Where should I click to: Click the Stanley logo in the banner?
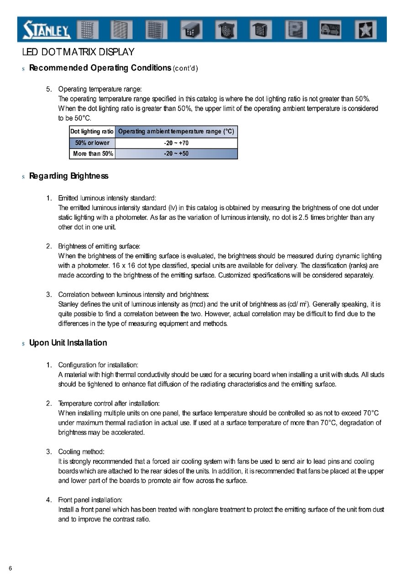(x=47, y=30)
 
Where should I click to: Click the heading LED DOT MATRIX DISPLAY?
(x=78, y=53)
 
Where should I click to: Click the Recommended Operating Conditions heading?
(x=100, y=68)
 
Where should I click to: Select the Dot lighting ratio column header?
(x=92, y=132)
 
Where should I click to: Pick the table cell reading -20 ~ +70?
(x=176, y=143)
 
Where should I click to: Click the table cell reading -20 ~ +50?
(x=176, y=154)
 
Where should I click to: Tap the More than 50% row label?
(x=93, y=154)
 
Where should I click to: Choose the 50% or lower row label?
(x=92, y=143)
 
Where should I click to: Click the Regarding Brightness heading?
(x=68, y=176)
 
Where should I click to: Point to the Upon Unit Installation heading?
(x=68, y=343)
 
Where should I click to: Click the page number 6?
(x=10, y=568)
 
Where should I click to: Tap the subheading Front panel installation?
(x=90, y=500)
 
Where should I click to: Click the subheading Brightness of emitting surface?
(x=99, y=246)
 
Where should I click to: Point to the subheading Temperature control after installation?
(x=109, y=404)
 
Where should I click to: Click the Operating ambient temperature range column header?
(x=176, y=132)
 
